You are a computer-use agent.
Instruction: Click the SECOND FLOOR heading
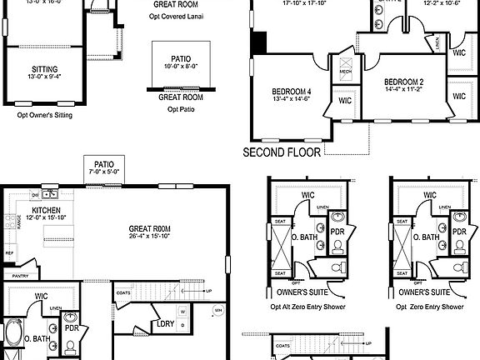tap(282, 152)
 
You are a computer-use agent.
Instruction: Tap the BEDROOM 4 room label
tap(292, 92)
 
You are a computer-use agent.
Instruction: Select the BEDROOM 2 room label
tap(405, 82)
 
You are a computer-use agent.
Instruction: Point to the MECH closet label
tap(345, 72)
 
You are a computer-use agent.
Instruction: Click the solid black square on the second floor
tap(258, 42)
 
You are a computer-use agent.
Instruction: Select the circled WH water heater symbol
tap(218, 310)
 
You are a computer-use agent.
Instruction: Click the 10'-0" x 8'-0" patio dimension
tap(182, 65)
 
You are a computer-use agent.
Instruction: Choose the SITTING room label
tap(45, 71)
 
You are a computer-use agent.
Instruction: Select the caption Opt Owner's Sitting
tap(45, 116)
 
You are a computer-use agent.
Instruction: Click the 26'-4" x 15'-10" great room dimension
tap(150, 236)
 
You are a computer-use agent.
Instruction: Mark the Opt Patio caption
tap(182, 109)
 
